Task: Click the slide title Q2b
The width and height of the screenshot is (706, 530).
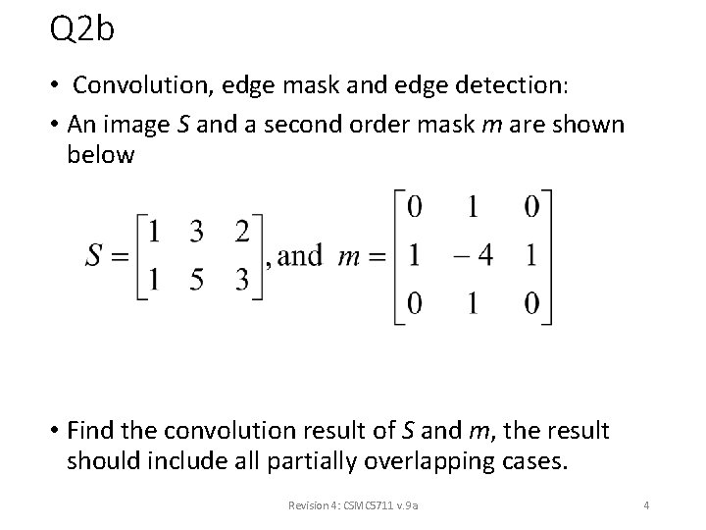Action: coord(82,29)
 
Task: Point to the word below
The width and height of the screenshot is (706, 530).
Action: coord(100,155)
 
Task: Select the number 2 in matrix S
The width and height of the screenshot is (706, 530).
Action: coord(244,232)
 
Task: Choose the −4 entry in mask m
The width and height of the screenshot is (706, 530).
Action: coord(473,255)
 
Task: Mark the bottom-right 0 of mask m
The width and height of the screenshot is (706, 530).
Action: coord(532,302)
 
